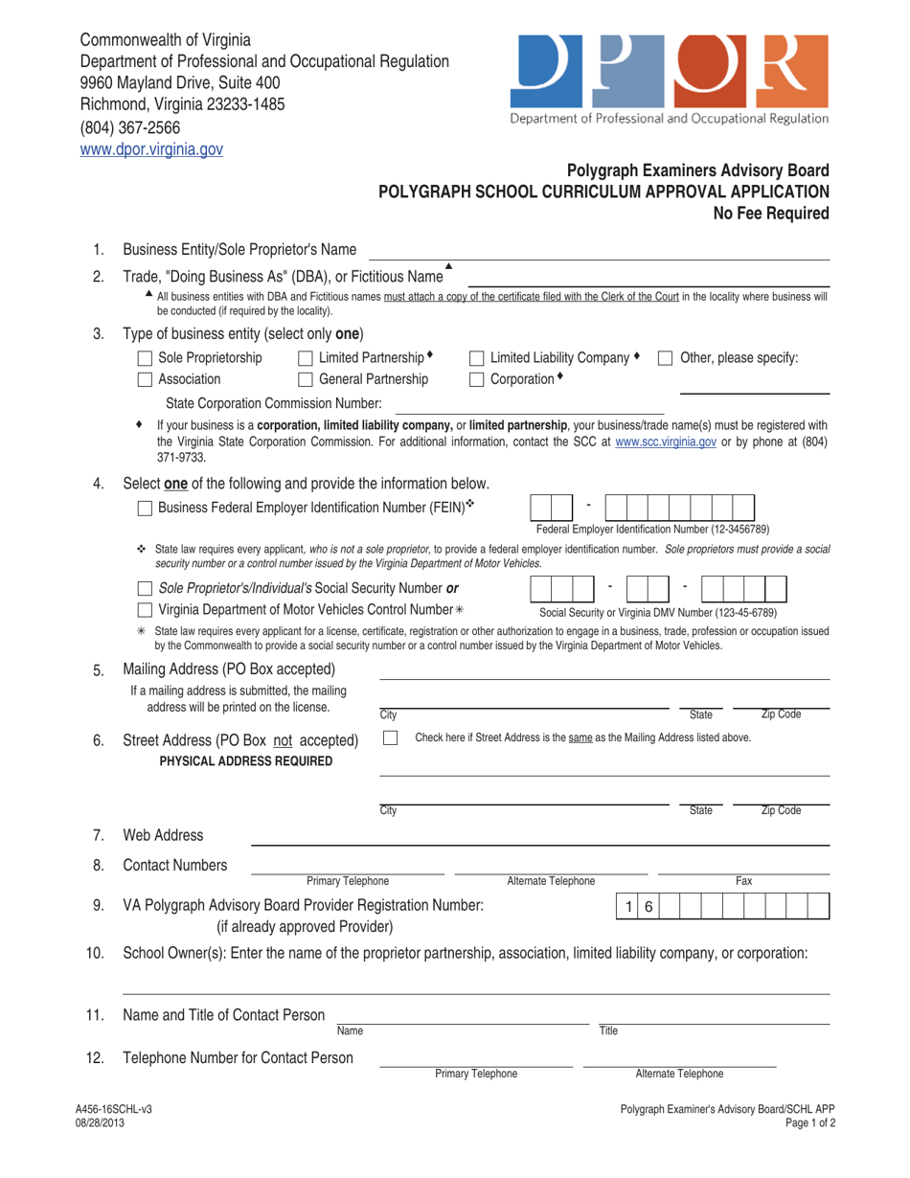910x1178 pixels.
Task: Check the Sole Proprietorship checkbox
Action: point(146,358)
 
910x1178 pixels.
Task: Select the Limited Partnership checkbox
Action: point(306,358)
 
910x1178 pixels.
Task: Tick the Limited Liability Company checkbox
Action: point(477,358)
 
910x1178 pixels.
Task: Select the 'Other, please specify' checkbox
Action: point(666,358)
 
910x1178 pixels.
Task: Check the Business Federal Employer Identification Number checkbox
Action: point(146,507)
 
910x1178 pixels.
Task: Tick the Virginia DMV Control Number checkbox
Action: point(146,610)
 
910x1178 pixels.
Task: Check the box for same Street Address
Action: point(390,737)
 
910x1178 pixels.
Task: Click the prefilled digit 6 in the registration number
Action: point(648,905)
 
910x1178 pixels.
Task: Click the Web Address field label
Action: point(163,836)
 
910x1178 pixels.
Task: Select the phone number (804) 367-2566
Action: point(130,126)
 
